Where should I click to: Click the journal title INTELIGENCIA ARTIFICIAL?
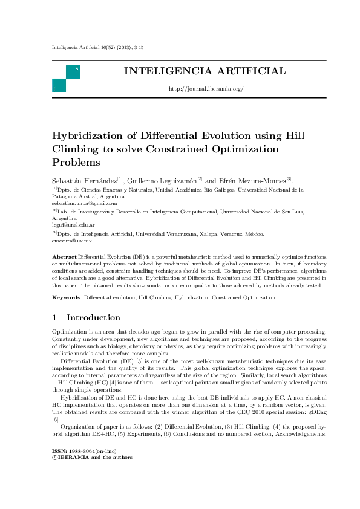(205, 71)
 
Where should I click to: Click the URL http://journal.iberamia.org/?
(206, 89)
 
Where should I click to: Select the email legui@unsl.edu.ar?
(70, 225)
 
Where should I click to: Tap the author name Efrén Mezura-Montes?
(252, 180)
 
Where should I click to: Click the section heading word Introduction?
(93, 318)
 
